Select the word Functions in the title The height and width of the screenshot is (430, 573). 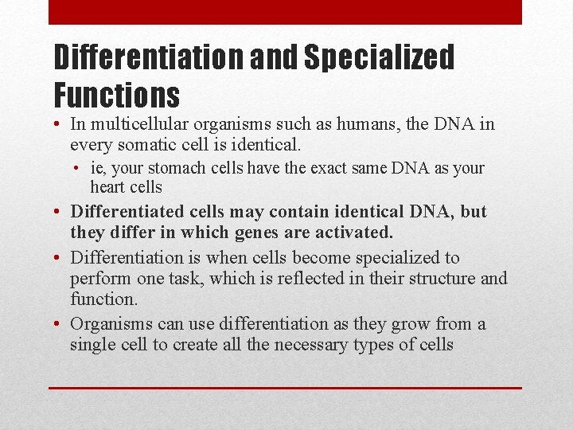point(116,96)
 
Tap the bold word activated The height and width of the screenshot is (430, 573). point(351,233)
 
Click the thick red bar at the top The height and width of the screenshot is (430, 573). point(285,12)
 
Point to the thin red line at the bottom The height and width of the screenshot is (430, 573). point(285,388)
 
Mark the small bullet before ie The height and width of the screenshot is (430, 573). point(80,168)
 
